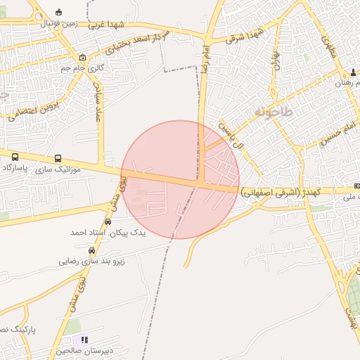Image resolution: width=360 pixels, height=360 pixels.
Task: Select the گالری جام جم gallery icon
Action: pyautogui.click(x=83, y=58)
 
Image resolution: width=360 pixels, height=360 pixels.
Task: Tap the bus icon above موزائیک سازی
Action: pyautogui.click(x=57, y=159)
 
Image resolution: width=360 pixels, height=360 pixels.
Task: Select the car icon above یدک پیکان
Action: pyautogui.click(x=108, y=221)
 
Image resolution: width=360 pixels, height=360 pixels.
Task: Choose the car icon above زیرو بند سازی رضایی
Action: pyautogui.click(x=91, y=250)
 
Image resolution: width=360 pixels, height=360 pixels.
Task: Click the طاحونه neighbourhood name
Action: pyautogui.click(x=264, y=111)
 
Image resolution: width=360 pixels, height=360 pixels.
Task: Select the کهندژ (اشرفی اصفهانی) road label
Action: pyautogui.click(x=281, y=191)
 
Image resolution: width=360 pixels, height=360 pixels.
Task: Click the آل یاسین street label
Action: pyautogui.click(x=232, y=136)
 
